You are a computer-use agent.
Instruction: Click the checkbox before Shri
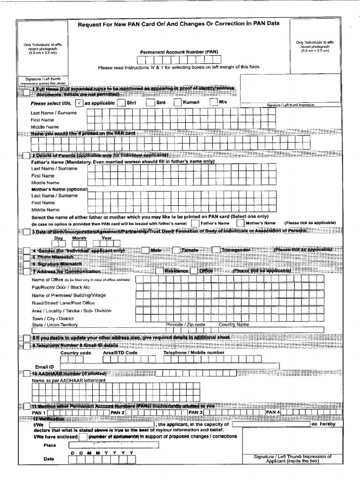[121, 103]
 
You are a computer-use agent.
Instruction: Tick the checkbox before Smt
[150, 103]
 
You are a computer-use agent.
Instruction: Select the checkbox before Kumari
[178, 103]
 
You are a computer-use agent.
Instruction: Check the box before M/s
[213, 102]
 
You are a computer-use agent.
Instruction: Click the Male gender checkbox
[144, 250]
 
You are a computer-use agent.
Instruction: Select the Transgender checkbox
[216, 250]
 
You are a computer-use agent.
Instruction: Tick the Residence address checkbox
[159, 271]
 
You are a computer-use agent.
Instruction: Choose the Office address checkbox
[195, 271]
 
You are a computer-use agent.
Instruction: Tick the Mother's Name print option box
[240, 223]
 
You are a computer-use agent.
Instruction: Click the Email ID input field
[169, 366]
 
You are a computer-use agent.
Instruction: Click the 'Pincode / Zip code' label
[186, 324]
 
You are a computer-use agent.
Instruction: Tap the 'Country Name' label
[234, 324]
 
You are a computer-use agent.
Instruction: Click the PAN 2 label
[117, 412]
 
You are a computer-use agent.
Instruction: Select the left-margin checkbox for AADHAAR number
[26, 374]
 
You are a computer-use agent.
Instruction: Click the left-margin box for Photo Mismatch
[26, 257]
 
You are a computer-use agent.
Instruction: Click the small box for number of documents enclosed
[82, 437]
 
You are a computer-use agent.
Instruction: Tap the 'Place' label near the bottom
[50, 445]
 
